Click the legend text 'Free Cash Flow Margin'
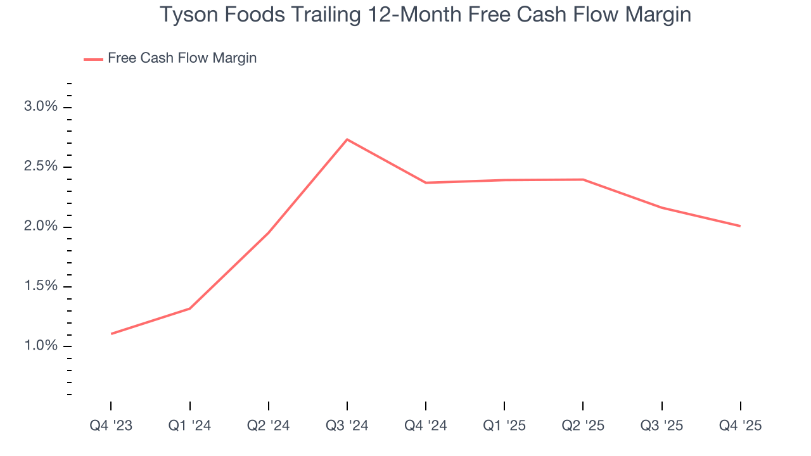tap(182, 58)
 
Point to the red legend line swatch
tap(93, 59)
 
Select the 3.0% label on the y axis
tap(41, 106)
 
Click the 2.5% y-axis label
tap(41, 167)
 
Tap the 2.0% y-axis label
tap(41, 226)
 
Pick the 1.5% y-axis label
tap(41, 286)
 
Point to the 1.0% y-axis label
tap(41, 346)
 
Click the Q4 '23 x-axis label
tap(111, 426)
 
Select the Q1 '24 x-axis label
tap(189, 426)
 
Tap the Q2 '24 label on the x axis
tap(268, 426)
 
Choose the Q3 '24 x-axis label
tap(347, 426)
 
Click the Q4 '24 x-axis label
tap(426, 426)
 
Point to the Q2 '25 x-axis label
tap(583, 426)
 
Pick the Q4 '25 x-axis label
tap(740, 426)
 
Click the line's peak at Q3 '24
tap(347, 139)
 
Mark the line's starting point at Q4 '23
tap(112, 334)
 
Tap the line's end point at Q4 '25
tap(740, 226)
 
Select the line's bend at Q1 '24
tap(190, 308)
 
